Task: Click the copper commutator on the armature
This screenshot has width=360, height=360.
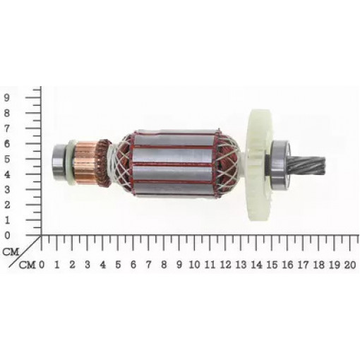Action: point(85,163)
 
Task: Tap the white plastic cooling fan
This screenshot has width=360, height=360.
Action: point(260,166)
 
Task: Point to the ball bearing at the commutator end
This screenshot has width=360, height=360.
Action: point(61,162)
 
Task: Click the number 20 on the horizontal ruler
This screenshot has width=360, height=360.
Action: point(350,265)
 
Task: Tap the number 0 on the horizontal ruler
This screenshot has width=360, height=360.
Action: point(42,265)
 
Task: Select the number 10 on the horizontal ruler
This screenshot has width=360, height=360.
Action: point(195,265)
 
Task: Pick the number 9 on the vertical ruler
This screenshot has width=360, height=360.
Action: point(7,98)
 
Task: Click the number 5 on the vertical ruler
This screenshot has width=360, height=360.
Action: point(7,159)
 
